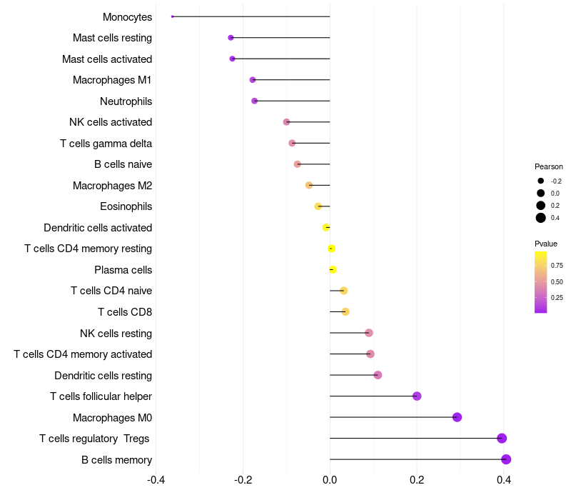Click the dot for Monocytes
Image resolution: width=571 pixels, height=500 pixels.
click(x=172, y=16)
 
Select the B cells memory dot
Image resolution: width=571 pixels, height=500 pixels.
click(x=506, y=459)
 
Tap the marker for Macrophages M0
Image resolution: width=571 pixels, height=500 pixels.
click(x=457, y=417)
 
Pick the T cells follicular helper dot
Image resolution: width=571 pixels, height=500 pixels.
click(x=417, y=396)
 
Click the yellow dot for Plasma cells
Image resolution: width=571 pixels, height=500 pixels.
click(x=333, y=269)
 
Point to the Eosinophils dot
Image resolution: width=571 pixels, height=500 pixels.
click(x=318, y=206)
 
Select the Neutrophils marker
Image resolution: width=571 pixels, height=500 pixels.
click(x=255, y=101)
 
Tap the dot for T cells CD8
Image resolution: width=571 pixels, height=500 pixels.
click(x=345, y=311)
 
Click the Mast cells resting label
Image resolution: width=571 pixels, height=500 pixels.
click(x=112, y=38)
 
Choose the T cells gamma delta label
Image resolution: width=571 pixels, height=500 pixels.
click(x=106, y=144)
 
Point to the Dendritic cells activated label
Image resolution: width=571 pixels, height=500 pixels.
click(x=98, y=228)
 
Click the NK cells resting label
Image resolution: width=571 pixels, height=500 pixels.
click(x=116, y=334)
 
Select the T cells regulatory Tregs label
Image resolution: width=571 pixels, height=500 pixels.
click(x=94, y=439)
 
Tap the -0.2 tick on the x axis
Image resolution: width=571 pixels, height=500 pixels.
click(x=243, y=479)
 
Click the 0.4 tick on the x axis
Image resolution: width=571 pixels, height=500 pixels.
click(x=504, y=479)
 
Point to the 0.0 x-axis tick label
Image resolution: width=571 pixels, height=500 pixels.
click(x=330, y=479)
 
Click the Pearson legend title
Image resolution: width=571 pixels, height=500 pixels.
click(x=548, y=166)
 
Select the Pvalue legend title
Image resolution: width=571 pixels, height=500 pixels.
click(x=546, y=244)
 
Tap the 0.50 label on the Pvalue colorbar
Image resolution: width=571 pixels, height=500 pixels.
click(x=557, y=281)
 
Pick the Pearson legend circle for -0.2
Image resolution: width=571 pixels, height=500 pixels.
click(x=541, y=181)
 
